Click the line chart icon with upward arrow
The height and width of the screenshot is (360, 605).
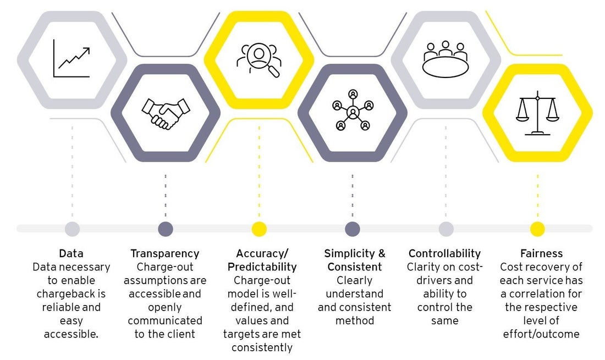[x=71, y=59]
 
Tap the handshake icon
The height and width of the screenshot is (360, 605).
[x=166, y=113]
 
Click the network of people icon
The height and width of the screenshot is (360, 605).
[x=353, y=110]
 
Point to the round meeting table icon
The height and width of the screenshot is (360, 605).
[x=446, y=59]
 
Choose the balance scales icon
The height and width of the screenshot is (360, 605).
[x=537, y=113]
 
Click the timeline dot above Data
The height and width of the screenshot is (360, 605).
[x=72, y=229]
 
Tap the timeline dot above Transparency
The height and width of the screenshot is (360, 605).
[x=166, y=229]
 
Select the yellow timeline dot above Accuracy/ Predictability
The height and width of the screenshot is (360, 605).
[x=259, y=229]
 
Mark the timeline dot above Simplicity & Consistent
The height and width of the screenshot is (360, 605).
[x=352, y=229]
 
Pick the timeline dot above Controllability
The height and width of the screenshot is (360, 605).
[x=446, y=229]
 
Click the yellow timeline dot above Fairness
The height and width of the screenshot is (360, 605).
[x=537, y=229]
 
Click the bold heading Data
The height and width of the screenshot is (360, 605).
[x=71, y=253]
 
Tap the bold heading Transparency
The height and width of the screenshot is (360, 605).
[x=165, y=253]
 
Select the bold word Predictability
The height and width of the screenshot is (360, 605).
[x=262, y=267]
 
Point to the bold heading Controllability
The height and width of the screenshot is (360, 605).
[x=444, y=253]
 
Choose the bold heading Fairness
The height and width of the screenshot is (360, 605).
[x=541, y=253]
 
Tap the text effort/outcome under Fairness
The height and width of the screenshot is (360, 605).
[x=541, y=334]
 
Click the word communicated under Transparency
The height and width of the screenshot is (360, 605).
[x=165, y=320]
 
